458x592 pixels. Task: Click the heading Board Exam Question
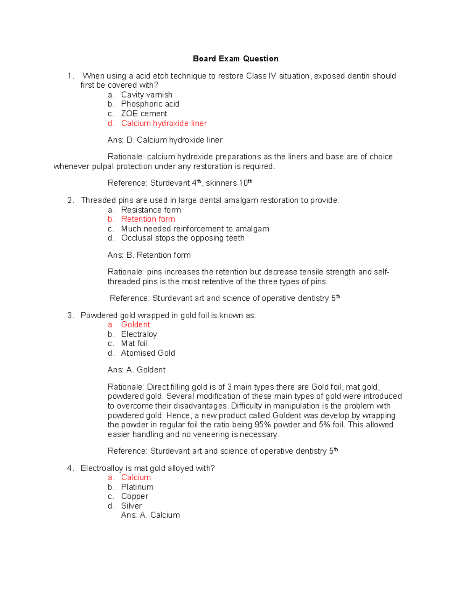(x=235, y=59)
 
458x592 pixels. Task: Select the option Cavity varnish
(x=147, y=95)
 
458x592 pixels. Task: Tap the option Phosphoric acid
(x=150, y=104)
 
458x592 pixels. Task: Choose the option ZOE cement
(x=144, y=114)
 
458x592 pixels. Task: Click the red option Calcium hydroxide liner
(x=164, y=123)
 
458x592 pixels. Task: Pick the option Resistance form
(x=151, y=210)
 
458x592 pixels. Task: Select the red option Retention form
(x=148, y=219)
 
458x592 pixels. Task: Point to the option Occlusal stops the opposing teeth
(x=182, y=238)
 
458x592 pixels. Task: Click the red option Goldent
(x=135, y=324)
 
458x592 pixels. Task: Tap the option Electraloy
(x=139, y=334)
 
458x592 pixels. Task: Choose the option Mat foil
(x=134, y=343)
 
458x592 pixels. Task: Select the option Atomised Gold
(x=148, y=353)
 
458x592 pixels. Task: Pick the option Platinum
(x=137, y=487)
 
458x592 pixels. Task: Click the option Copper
(x=134, y=496)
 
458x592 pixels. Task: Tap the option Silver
(x=131, y=506)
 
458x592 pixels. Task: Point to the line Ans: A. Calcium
(x=150, y=515)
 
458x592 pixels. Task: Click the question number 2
(x=70, y=201)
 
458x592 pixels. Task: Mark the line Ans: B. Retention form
(x=149, y=255)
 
